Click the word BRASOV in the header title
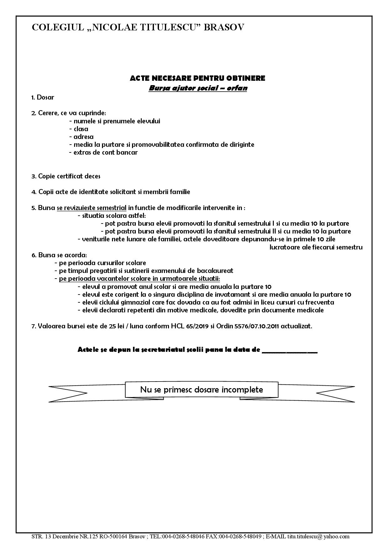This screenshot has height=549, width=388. click(x=224, y=28)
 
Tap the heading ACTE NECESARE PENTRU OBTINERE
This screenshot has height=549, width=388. click(x=197, y=78)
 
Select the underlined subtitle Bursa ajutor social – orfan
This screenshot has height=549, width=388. click(x=198, y=88)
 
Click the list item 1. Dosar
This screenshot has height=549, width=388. click(x=43, y=97)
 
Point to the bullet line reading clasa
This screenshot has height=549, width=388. click(x=81, y=129)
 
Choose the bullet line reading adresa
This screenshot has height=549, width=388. click(x=83, y=137)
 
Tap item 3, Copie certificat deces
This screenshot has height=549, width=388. click(x=66, y=176)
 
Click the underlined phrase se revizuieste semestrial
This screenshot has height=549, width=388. click(x=92, y=208)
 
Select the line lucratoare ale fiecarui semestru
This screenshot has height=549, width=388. click(x=316, y=247)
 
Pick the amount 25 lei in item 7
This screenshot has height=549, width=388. click(x=117, y=326)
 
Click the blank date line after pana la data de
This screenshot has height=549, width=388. click(x=289, y=350)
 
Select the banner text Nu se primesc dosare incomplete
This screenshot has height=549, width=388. click(x=202, y=390)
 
